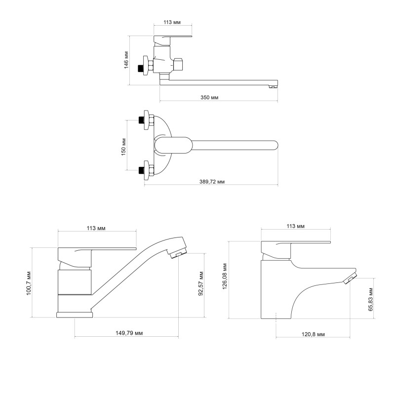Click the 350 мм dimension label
(209, 97)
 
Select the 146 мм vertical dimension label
(126, 60)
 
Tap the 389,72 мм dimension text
(212, 181)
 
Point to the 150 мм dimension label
(123, 147)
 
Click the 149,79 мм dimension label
(129, 333)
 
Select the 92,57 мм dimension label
(201, 283)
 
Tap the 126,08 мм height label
(225, 276)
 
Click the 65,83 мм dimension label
(370, 299)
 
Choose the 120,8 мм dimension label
(313, 334)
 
